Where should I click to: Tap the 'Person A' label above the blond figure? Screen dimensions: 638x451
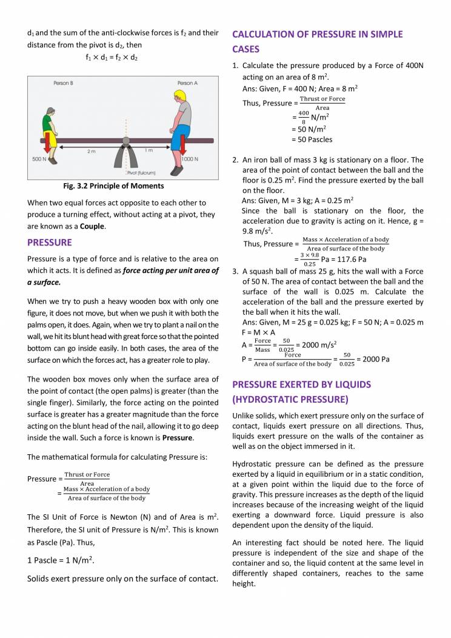tap(187, 82)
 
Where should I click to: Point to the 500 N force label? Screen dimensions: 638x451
tap(41, 159)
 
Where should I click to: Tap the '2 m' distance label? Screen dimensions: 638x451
tap(91, 151)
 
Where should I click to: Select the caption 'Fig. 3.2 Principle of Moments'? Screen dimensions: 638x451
tap(113, 186)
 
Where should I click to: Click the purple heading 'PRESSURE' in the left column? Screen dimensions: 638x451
tap(50, 243)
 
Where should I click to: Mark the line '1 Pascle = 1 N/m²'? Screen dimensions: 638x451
tap(61, 560)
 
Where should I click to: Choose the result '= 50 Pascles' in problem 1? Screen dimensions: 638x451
tap(312, 139)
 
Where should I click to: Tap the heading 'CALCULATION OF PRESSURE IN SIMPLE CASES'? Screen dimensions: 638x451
tap(317, 41)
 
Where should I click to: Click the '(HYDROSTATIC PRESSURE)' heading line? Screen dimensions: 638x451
tap(290, 399)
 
